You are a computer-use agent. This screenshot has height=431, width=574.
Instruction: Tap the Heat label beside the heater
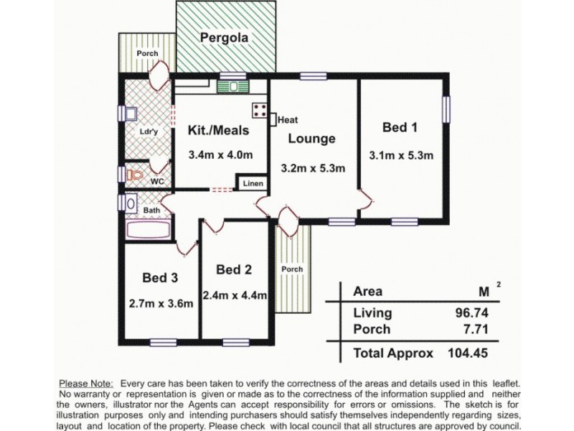288,120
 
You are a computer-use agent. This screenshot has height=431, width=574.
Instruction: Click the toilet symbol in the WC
134,175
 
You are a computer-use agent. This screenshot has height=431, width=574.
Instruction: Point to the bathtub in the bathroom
149,230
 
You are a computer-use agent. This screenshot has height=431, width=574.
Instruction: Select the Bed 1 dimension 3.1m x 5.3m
400,154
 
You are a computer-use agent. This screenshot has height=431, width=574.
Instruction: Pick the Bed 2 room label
233,269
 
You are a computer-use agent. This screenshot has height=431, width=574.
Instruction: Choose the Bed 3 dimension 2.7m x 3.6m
161,303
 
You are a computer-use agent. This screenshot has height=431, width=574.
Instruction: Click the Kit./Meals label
218,131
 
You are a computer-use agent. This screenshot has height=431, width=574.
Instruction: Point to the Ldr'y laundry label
148,133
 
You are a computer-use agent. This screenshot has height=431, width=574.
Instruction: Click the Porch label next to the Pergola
148,54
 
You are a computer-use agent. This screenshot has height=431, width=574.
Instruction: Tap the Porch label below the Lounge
292,269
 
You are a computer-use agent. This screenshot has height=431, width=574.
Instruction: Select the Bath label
151,210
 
